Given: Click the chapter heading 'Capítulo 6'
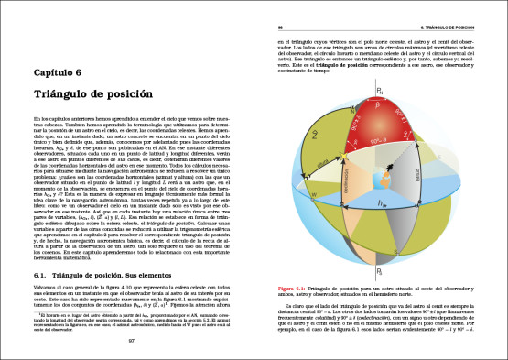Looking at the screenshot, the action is click(x=63, y=71).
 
